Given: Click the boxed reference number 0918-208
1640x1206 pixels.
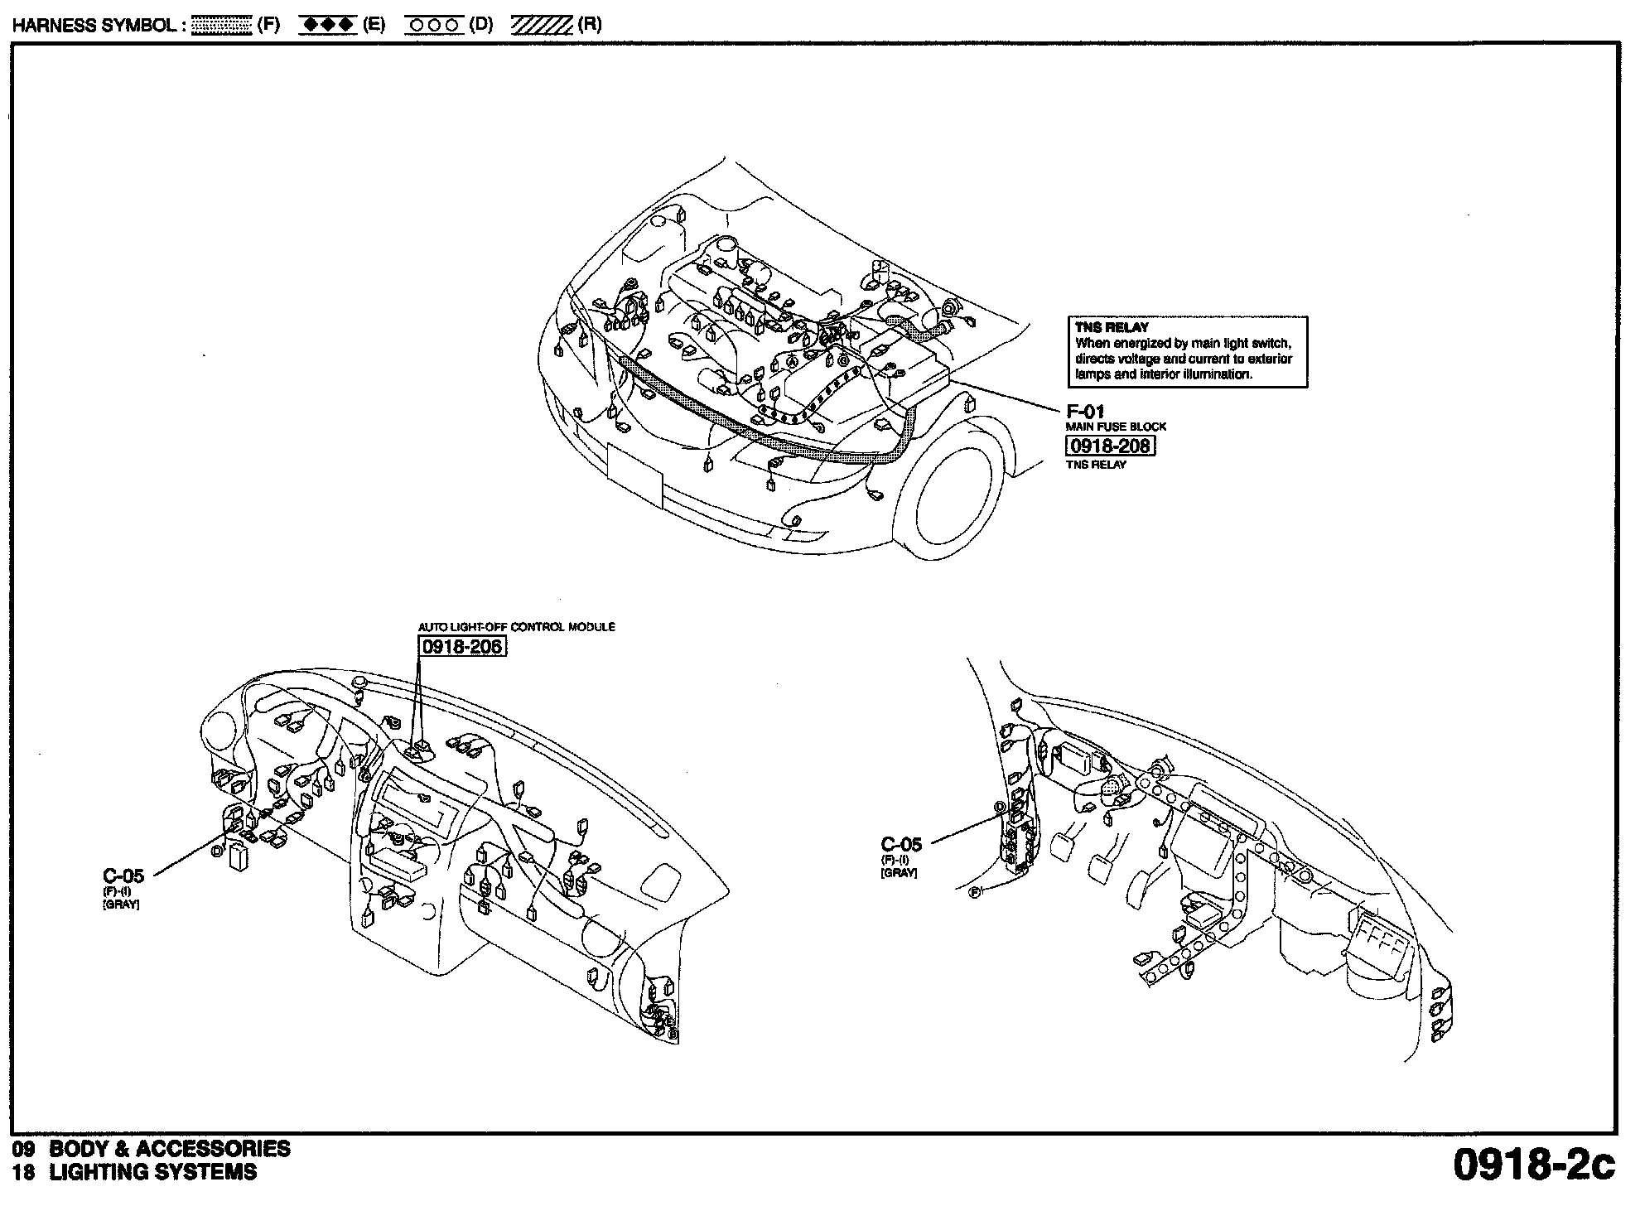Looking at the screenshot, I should pyautogui.click(x=1109, y=446).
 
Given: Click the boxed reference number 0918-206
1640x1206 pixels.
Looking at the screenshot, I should pyautogui.click(x=462, y=646).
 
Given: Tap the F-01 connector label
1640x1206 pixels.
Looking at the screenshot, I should pyautogui.click(x=1084, y=411).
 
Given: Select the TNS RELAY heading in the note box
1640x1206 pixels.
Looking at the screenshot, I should pyautogui.click(x=1112, y=327).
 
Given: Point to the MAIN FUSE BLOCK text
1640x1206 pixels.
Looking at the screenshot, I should pyautogui.click(x=1116, y=427).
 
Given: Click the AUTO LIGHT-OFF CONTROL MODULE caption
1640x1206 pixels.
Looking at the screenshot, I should pyautogui.click(x=516, y=627).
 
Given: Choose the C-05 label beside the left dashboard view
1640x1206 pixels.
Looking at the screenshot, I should pyautogui.click(x=123, y=876).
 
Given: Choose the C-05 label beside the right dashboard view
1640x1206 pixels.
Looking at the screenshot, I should pyautogui.click(x=901, y=844).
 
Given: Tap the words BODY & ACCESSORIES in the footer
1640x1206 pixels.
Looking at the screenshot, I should pyautogui.click(x=170, y=1149).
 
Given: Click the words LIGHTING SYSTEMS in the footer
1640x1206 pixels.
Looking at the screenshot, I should pyautogui.click(x=153, y=1172).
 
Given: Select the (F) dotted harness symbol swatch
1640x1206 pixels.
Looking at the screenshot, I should pyautogui.click(x=221, y=25).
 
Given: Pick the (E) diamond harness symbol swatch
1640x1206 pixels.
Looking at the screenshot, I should pyautogui.click(x=328, y=25).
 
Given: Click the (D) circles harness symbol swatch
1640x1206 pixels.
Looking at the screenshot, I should pyautogui.click(x=434, y=25).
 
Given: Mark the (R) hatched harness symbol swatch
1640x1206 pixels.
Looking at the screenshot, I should pyautogui.click(x=541, y=25).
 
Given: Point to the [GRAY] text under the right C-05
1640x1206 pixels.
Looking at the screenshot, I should pyautogui.click(x=899, y=873).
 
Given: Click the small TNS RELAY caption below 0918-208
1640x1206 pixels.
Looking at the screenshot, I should pyautogui.click(x=1096, y=465).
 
